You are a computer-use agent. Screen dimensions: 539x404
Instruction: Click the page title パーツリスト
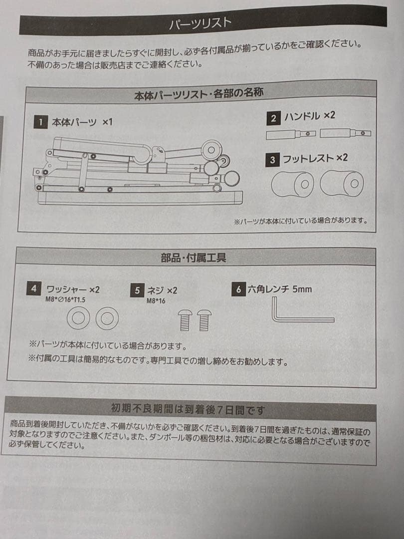pos(200,23)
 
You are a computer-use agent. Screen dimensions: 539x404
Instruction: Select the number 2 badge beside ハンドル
pos(273,118)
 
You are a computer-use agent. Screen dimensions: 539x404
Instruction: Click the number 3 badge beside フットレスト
pos(272,160)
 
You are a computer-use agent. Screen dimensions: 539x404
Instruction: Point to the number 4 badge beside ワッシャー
pos(33,288)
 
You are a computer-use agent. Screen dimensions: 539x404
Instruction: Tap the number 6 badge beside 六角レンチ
pos(239,289)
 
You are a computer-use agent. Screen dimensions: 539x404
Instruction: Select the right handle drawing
pos(345,133)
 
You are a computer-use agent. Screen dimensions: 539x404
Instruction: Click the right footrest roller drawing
pos(342,183)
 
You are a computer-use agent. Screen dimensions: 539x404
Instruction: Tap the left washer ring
pos(78,318)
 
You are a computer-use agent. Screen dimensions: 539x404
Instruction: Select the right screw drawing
pos(203,320)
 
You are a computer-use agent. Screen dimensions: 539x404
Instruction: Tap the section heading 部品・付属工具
pos(194,258)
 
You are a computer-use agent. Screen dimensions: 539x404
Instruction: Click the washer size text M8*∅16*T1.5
pos(65,299)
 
